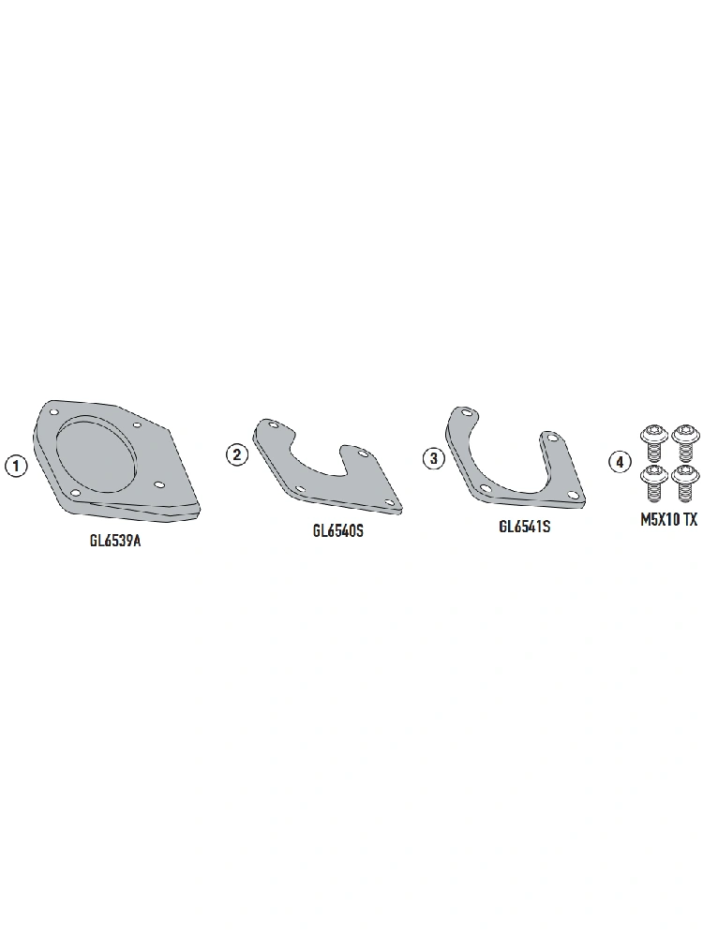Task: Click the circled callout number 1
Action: [x=16, y=466]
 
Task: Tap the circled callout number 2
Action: [x=237, y=455]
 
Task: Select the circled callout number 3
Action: [x=434, y=459]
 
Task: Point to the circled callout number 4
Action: [x=620, y=462]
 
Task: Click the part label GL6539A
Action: [x=115, y=542]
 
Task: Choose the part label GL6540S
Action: [x=337, y=530]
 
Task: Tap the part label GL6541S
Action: [x=524, y=527]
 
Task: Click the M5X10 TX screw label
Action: [x=669, y=520]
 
